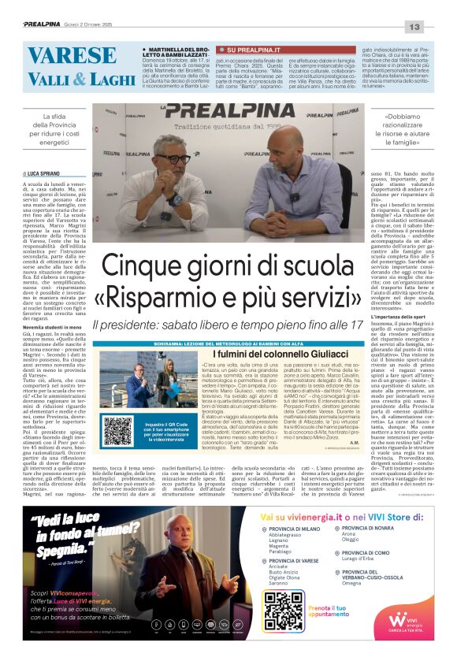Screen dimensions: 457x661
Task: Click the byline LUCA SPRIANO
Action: point(43,173)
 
